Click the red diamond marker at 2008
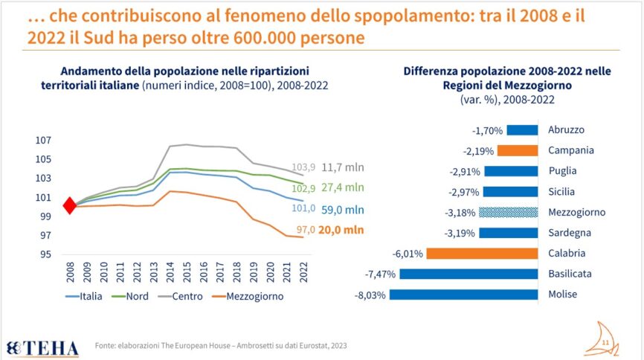click(x=69, y=206)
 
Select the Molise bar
click(x=463, y=294)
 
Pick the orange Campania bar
click(x=518, y=150)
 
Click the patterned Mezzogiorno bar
click(x=509, y=212)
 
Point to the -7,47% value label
click(x=381, y=274)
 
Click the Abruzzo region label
click(x=566, y=129)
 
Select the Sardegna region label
click(x=569, y=232)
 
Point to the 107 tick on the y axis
click(x=43, y=140)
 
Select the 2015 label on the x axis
click(x=187, y=271)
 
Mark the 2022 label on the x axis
click(x=302, y=271)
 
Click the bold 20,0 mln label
click(x=341, y=231)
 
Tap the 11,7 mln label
click(x=343, y=167)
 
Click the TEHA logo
click(x=42, y=346)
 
